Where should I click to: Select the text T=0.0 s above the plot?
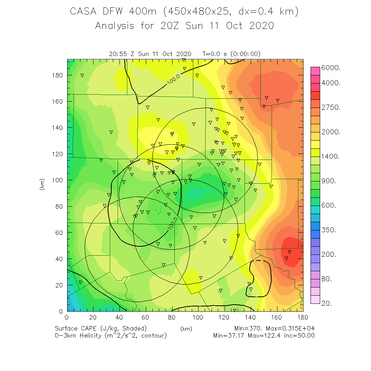point(214,54)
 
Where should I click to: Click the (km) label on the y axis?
point(42,184)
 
